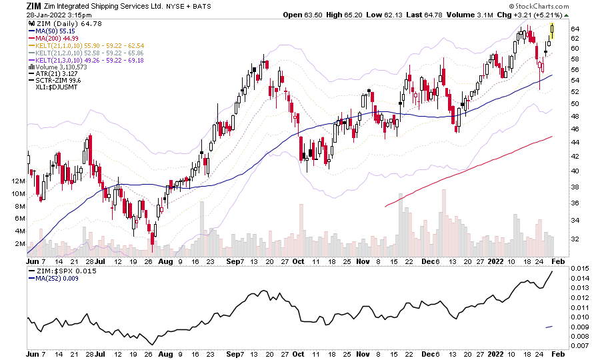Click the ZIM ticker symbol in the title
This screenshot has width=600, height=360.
click(x=34, y=6)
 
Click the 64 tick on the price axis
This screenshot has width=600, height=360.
click(x=575, y=29)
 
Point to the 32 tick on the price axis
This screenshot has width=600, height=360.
click(x=575, y=239)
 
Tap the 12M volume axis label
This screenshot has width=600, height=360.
click(x=17, y=181)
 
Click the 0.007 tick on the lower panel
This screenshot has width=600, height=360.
click(x=578, y=346)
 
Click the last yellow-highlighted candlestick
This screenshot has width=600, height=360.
click(x=553, y=30)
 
